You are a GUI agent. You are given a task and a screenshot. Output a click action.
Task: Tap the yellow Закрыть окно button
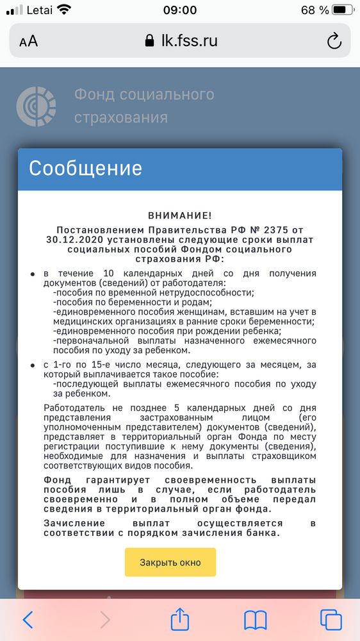[170, 562]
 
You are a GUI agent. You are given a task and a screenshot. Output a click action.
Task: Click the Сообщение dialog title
[85, 169]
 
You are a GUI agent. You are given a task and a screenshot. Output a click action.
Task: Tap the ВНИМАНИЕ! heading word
[179, 217]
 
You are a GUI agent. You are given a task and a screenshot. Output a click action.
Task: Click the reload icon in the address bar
[334, 42]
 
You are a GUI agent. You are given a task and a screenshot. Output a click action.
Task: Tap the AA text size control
[29, 42]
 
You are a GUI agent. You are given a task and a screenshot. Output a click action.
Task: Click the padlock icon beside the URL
[150, 41]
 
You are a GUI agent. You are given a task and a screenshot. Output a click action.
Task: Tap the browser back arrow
[28, 619]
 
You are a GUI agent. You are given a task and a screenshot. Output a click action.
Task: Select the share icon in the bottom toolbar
[180, 619]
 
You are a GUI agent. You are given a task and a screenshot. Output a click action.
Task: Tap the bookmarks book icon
[256, 619]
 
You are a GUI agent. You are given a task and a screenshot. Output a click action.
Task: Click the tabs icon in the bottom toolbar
[331, 619]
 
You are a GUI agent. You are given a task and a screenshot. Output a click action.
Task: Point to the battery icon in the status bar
[342, 10]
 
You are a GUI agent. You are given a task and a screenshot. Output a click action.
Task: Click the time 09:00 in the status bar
[180, 10]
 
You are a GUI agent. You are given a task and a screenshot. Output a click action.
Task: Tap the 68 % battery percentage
[315, 10]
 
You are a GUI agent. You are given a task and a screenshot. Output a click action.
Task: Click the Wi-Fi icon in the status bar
[64, 10]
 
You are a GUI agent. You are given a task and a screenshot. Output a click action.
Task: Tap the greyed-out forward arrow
[105, 619]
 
